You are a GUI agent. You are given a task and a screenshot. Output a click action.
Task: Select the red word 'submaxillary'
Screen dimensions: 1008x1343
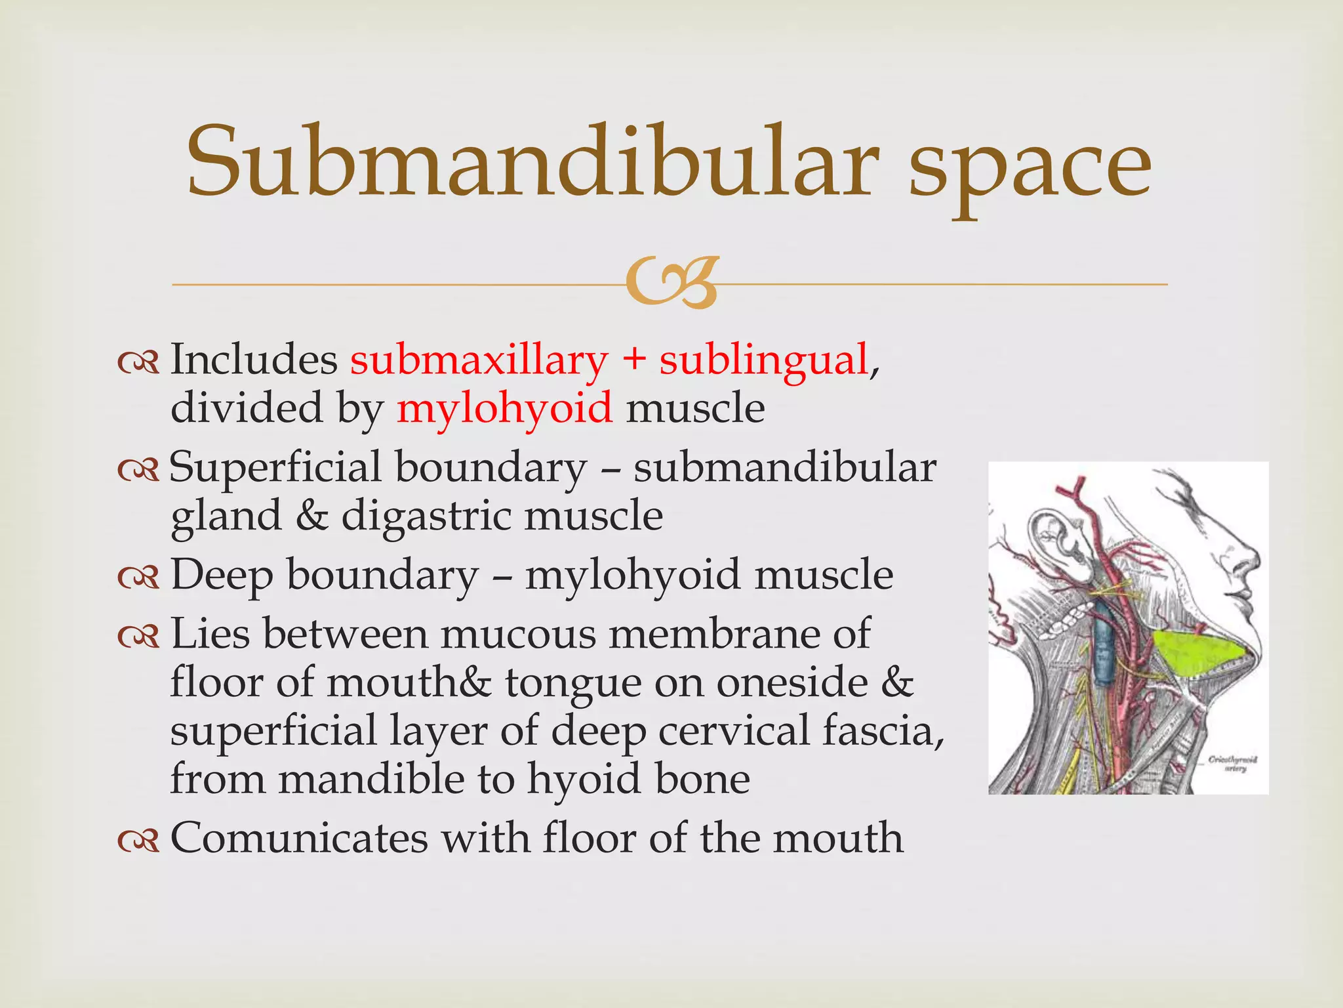[479, 361]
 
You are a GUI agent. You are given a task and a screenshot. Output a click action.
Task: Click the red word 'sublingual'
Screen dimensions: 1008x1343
[763, 361]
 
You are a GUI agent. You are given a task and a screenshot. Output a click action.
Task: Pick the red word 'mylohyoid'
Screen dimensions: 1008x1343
[505, 409]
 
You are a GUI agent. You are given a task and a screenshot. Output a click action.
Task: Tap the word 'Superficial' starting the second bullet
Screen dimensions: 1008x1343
[275, 469]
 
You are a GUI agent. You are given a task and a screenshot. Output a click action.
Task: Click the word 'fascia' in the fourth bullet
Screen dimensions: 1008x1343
[883, 730]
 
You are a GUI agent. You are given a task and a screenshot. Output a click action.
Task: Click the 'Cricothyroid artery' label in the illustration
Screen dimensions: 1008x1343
[1233, 764]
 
